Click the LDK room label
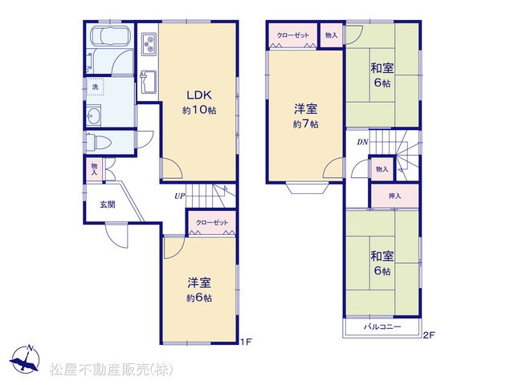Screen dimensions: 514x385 (199, 95)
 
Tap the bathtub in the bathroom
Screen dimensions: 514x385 (111, 35)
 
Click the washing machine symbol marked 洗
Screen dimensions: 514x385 (95, 87)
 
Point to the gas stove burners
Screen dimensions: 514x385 (149, 44)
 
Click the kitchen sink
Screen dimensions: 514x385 (149, 82)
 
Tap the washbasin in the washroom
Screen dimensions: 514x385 (94, 115)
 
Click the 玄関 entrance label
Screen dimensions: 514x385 (108, 205)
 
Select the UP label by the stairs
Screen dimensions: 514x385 (180, 196)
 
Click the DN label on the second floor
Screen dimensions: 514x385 (362, 142)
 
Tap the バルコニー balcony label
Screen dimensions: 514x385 (382, 326)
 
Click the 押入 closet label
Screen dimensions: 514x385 (394, 196)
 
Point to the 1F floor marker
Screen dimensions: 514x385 (246, 342)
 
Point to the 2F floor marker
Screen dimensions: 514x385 (429, 335)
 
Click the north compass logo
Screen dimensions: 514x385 (25, 359)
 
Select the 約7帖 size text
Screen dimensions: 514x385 (305, 124)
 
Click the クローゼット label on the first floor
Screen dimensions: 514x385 (212, 223)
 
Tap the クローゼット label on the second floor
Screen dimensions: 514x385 (293, 35)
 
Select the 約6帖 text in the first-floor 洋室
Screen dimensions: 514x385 (199, 298)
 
